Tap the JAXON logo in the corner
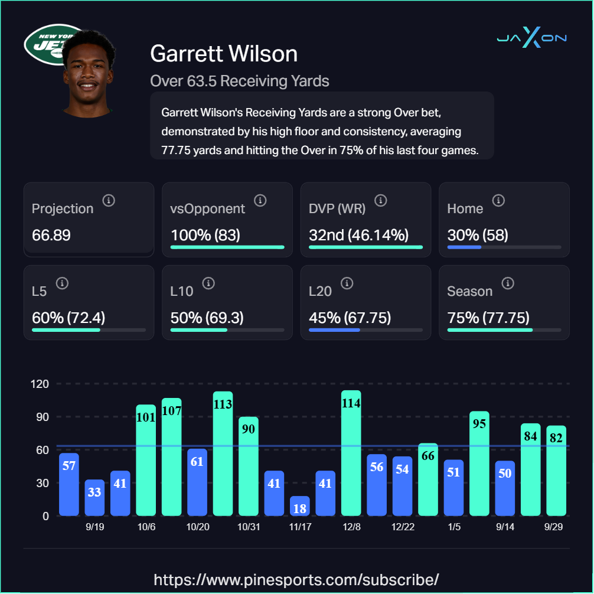(531, 38)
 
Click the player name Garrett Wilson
(224, 54)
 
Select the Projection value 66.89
(51, 235)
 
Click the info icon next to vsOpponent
(260, 201)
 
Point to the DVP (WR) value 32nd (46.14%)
(358, 235)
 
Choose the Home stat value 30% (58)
(478, 235)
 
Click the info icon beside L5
(63, 283)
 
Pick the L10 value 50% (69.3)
(207, 318)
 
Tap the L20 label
(320, 291)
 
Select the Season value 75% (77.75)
(488, 318)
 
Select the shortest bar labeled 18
(300, 506)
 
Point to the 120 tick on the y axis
(40, 384)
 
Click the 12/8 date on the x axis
(351, 527)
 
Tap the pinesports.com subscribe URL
(296, 579)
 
